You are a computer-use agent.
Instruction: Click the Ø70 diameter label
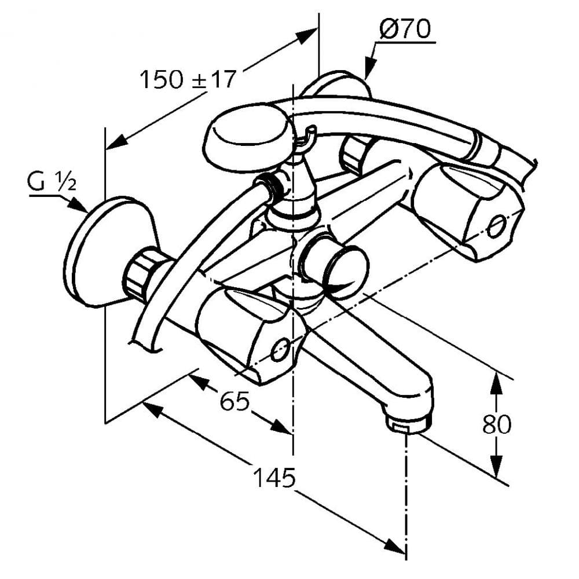[x=405, y=30]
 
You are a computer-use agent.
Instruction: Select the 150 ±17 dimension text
[x=188, y=79]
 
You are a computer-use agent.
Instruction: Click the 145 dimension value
[x=274, y=478]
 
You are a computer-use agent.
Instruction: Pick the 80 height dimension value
[x=497, y=424]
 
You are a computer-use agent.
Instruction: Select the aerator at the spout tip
[x=408, y=422]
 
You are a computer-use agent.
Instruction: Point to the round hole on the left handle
[x=280, y=349]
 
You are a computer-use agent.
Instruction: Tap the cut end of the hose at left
[x=145, y=346]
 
